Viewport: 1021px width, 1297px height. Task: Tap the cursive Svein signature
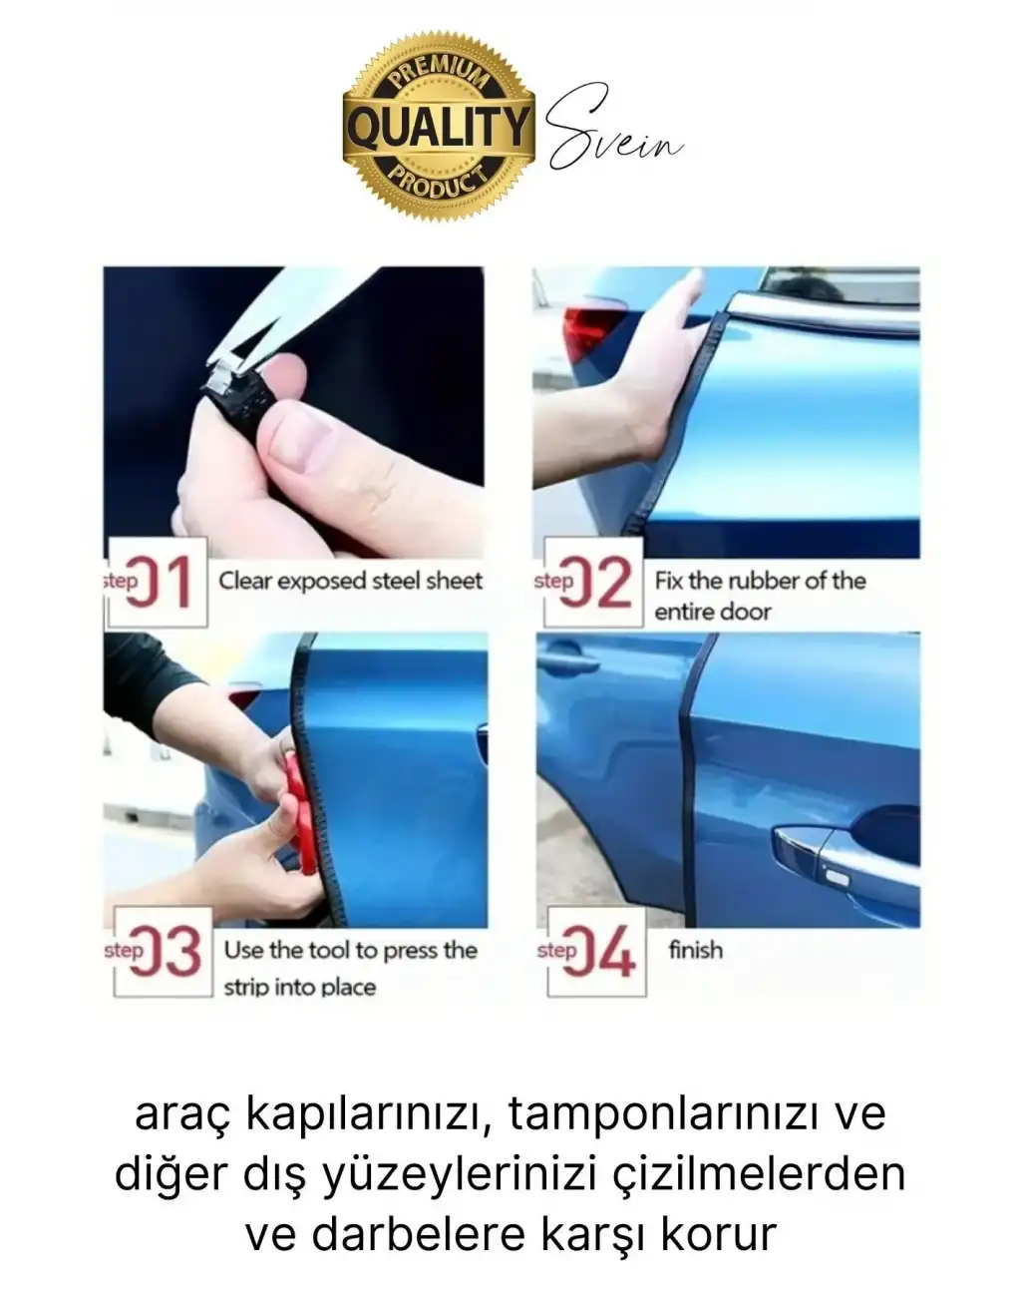[x=614, y=138]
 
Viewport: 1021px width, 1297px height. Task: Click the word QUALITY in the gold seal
[x=439, y=128]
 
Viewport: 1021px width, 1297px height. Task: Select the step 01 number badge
[x=157, y=583]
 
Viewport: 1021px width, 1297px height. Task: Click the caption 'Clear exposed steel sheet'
[x=350, y=581]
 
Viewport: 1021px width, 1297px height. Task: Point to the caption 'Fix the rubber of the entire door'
[x=760, y=596]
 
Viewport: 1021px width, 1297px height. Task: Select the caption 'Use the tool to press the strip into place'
[x=350, y=968]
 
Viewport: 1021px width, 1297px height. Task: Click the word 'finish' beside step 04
[x=695, y=950]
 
